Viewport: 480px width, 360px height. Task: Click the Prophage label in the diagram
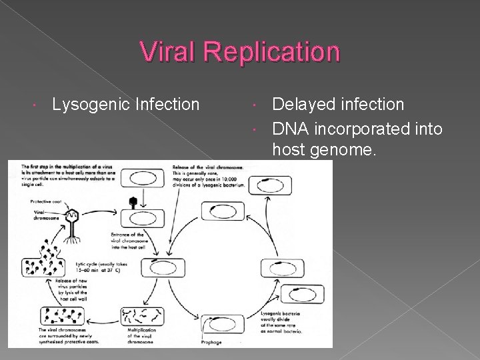211,343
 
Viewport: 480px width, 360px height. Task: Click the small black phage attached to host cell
133,201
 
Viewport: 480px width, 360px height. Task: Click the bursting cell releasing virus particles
43,267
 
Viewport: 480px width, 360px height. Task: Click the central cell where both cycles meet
162,268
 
